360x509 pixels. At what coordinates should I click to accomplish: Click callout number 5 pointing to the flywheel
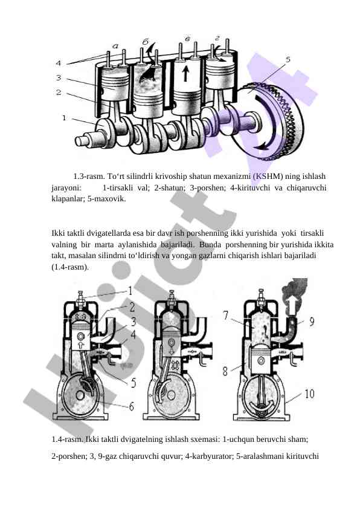point(288,60)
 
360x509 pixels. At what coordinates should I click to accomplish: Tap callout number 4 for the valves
point(59,63)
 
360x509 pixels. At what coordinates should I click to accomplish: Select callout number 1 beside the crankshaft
point(64,118)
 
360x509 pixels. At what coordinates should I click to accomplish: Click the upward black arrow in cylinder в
point(185,74)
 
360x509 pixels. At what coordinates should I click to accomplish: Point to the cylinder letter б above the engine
point(146,42)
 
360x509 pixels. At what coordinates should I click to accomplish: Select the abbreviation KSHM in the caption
point(268,177)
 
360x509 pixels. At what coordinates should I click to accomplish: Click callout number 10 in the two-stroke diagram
point(309,394)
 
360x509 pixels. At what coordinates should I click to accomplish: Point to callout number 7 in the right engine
point(226,315)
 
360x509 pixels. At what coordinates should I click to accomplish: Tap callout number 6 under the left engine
point(131,406)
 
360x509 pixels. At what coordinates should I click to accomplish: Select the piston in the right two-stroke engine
point(262,361)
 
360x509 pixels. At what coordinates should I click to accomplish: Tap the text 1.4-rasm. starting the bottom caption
point(67,439)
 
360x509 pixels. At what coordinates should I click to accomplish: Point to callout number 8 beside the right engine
point(225,371)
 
